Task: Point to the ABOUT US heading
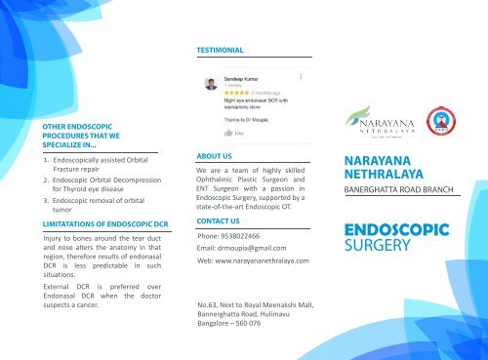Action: point(214,155)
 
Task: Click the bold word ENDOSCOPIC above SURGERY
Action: point(396,230)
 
